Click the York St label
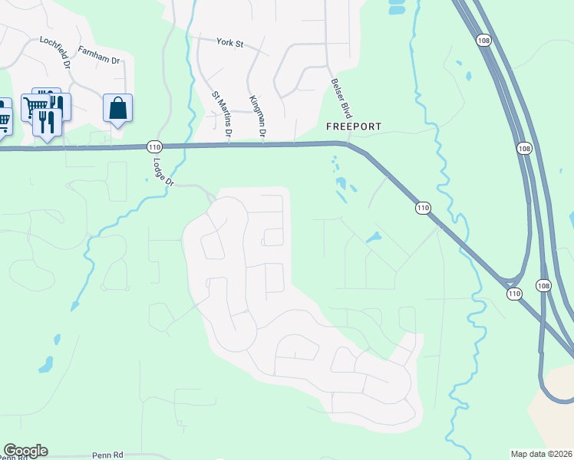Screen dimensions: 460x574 click(x=229, y=44)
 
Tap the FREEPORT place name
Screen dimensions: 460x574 click(x=354, y=126)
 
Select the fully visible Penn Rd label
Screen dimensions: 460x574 click(x=107, y=455)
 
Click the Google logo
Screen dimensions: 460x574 click(x=25, y=451)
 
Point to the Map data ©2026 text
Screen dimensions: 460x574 click(x=540, y=453)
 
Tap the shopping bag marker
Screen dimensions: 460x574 click(x=118, y=109)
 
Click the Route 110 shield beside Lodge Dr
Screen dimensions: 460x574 click(x=154, y=146)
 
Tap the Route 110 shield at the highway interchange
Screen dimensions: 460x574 click(x=514, y=293)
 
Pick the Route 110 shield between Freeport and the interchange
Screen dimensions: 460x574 click(x=423, y=208)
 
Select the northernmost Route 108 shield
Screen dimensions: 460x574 click(x=483, y=39)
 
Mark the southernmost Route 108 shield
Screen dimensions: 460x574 click(x=543, y=285)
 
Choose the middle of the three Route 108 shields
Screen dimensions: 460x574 click(x=524, y=148)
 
